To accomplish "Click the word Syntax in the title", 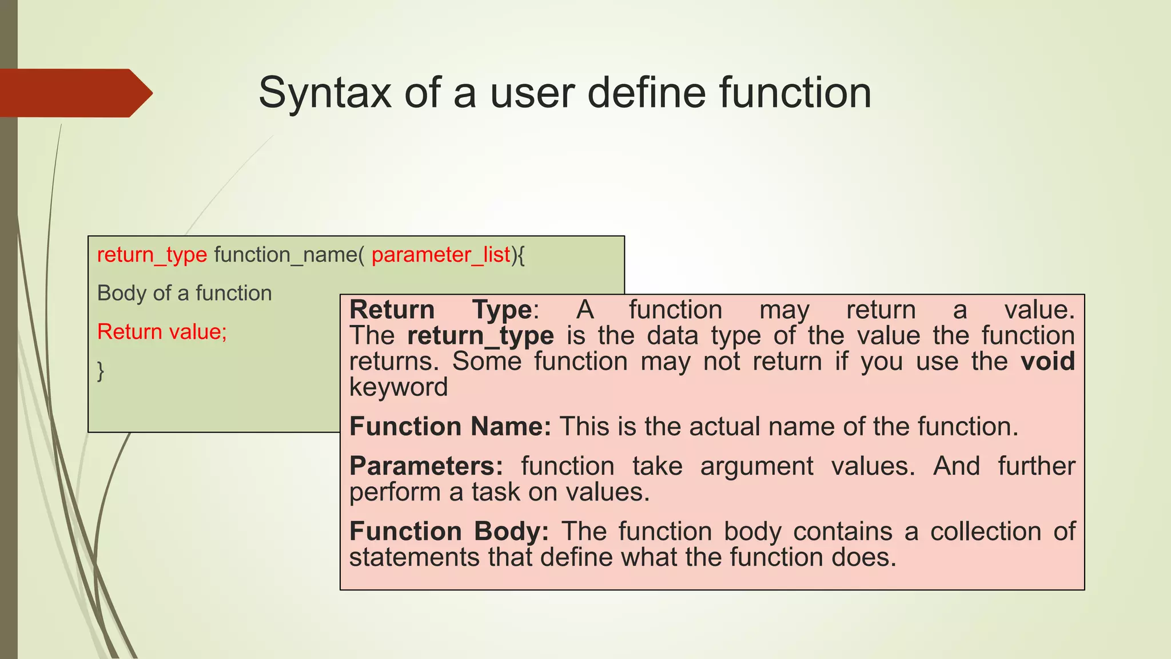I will tap(324, 93).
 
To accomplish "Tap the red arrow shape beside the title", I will tap(74, 93).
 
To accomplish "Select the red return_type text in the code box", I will tap(152, 255).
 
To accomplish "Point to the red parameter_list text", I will tap(440, 255).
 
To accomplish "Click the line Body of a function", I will tap(184, 293).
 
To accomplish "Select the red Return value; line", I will tap(162, 332).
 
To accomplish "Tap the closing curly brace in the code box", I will tap(101, 371).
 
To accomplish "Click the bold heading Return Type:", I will tap(444, 310).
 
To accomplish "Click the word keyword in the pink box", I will tap(399, 387).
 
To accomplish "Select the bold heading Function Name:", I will tap(450, 427).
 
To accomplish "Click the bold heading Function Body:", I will tap(449, 531).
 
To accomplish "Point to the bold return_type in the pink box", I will tap(480, 336).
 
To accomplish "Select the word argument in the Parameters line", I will tap(756, 466).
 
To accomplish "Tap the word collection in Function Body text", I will tap(985, 531).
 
